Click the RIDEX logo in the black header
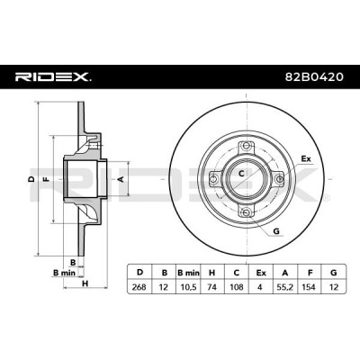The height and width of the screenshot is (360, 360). [53, 77]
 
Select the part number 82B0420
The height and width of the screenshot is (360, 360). [314, 77]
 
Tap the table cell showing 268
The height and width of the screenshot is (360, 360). [139, 287]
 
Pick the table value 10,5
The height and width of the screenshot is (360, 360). [187, 287]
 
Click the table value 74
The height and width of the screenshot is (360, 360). [211, 287]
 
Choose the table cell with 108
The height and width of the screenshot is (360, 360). [237, 287]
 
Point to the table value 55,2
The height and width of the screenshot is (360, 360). [285, 287]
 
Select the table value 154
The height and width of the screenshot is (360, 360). [309, 287]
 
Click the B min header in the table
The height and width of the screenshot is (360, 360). [188, 273]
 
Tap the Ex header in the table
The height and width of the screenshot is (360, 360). [261, 273]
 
